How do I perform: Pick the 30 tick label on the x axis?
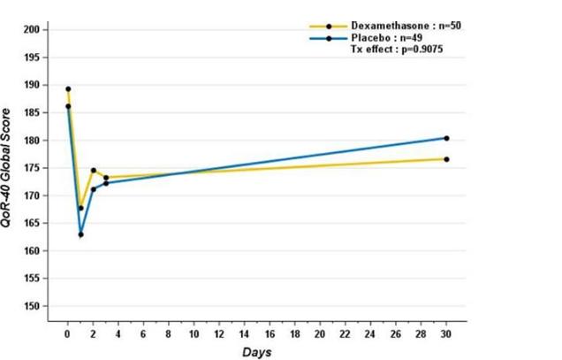click(446, 334)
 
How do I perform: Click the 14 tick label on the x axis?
click(244, 334)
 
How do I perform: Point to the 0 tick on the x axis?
click(68, 334)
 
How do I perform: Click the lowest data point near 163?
click(80, 234)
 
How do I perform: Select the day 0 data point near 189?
click(68, 89)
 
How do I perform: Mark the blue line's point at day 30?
click(446, 138)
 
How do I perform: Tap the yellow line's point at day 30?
click(446, 159)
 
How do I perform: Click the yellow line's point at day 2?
click(94, 170)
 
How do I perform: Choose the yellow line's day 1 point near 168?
click(80, 208)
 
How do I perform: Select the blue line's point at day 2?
click(94, 188)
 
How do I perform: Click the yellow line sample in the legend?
click(328, 27)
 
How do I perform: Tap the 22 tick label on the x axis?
click(345, 334)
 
